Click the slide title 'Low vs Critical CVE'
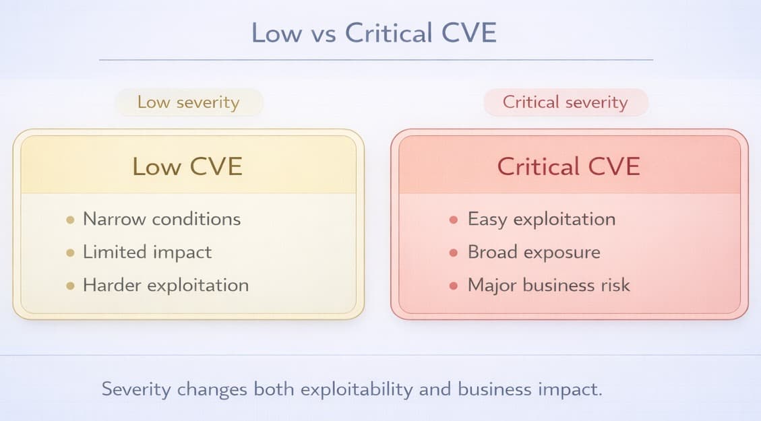[x=374, y=33]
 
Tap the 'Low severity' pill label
[x=188, y=102]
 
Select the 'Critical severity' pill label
[x=565, y=102]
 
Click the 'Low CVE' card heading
[x=187, y=166]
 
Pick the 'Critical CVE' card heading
[x=568, y=166]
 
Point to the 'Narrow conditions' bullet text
[x=161, y=219]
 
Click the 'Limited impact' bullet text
[x=147, y=252]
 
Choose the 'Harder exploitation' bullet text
[x=165, y=285]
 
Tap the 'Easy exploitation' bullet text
[x=541, y=219]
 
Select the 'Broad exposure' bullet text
[x=533, y=252]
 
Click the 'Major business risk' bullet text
[x=549, y=285]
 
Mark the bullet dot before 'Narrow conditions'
[x=70, y=220]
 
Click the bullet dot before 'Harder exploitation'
[x=70, y=286]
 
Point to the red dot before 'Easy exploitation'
[x=454, y=220]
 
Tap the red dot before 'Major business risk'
[x=454, y=286]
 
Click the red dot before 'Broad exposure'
[x=454, y=253]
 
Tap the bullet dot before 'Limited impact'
[x=70, y=253]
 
